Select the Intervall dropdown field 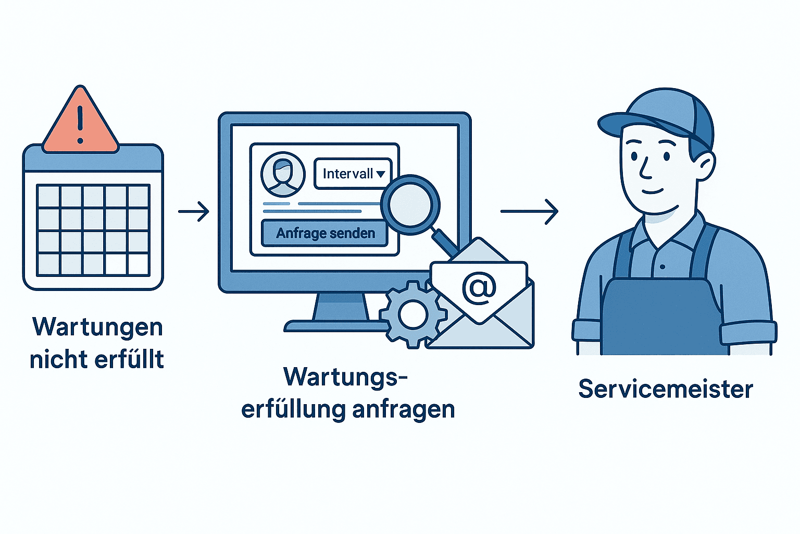pos(353,174)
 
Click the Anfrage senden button pos(325,233)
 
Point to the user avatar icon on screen pos(283,174)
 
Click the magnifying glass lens pos(410,204)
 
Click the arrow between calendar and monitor pos(193,211)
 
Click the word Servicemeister pos(665,390)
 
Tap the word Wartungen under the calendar pos(97,327)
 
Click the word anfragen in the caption pos(403,410)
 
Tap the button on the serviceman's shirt pos(662,267)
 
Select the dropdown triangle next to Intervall pos(381,174)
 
